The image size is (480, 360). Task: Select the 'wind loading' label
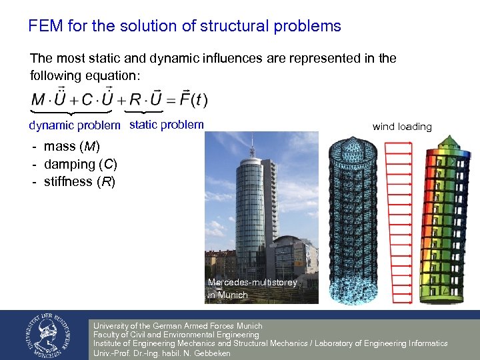pyautogui.click(x=401, y=127)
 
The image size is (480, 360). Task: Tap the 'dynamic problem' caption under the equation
pyautogui.click(x=75, y=125)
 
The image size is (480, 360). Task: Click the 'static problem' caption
pyautogui.click(x=166, y=125)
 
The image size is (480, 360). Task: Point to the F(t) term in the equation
pyautogui.click(x=194, y=100)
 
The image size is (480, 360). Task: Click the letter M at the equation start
pyautogui.click(x=39, y=101)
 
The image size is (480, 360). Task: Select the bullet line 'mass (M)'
pyautogui.click(x=71, y=147)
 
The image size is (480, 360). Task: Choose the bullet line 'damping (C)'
pyautogui.click(x=79, y=164)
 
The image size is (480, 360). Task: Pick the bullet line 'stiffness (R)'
pyautogui.click(x=79, y=181)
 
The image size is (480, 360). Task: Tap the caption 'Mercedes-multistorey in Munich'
pyautogui.click(x=252, y=289)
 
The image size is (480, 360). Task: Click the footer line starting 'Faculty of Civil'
pyautogui.click(x=176, y=335)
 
